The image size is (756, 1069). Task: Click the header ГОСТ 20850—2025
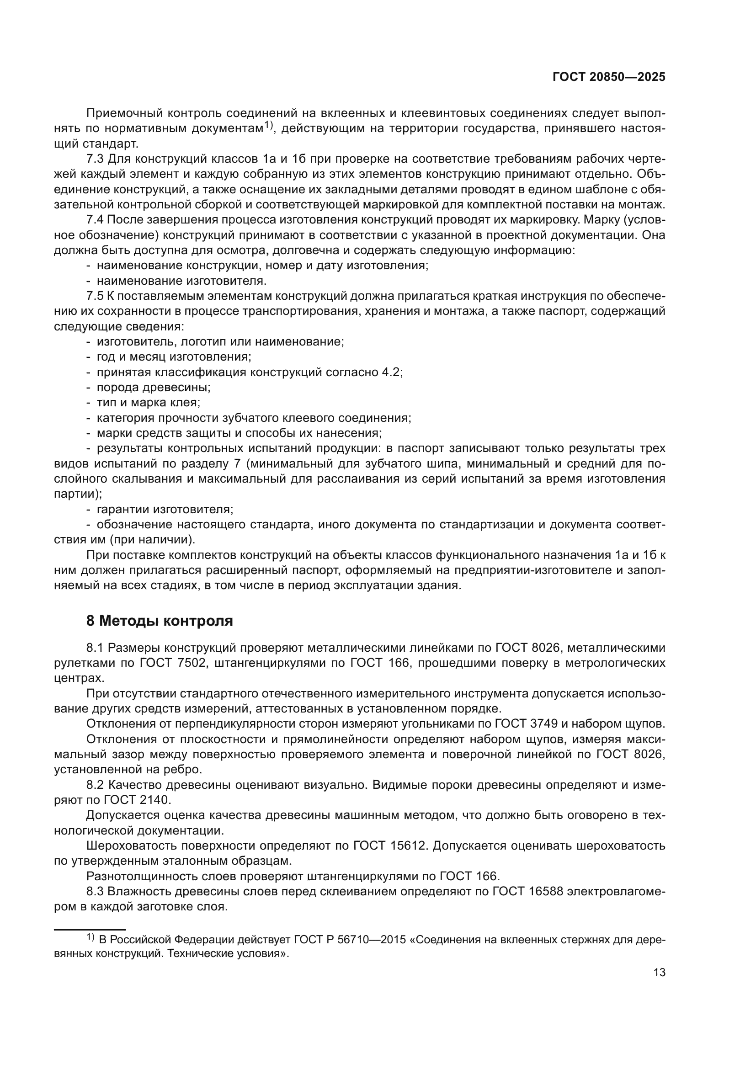[608, 77]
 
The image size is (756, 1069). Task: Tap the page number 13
[659, 973]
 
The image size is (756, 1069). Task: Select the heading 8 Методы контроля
[160, 621]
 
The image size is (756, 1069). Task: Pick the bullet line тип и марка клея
[149, 403]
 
